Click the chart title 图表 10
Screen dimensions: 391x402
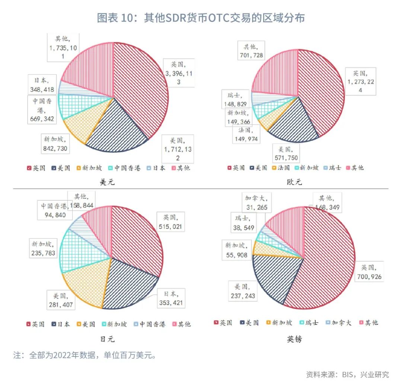click(x=201, y=18)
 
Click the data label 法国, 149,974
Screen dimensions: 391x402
click(x=246, y=135)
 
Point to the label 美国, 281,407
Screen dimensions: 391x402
click(x=61, y=300)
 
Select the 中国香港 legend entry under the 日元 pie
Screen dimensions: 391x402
click(x=149, y=324)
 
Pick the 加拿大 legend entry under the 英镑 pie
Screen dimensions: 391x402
click(x=338, y=323)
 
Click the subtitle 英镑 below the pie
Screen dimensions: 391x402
click(x=294, y=339)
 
